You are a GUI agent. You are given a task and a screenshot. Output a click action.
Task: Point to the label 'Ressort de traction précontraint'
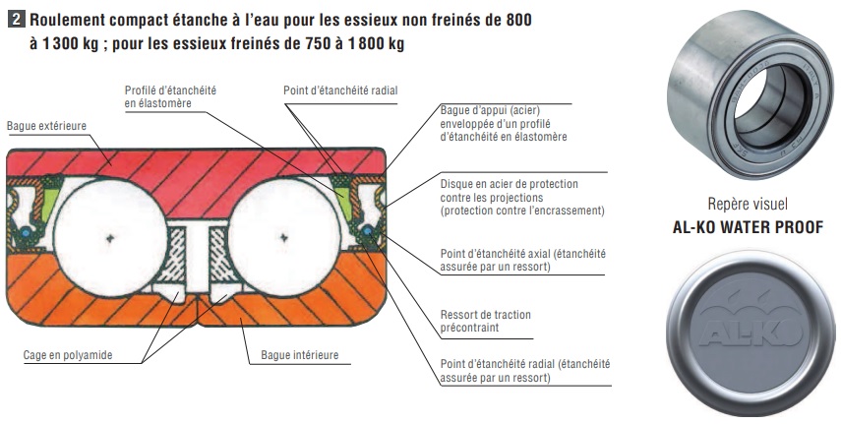(x=485, y=321)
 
